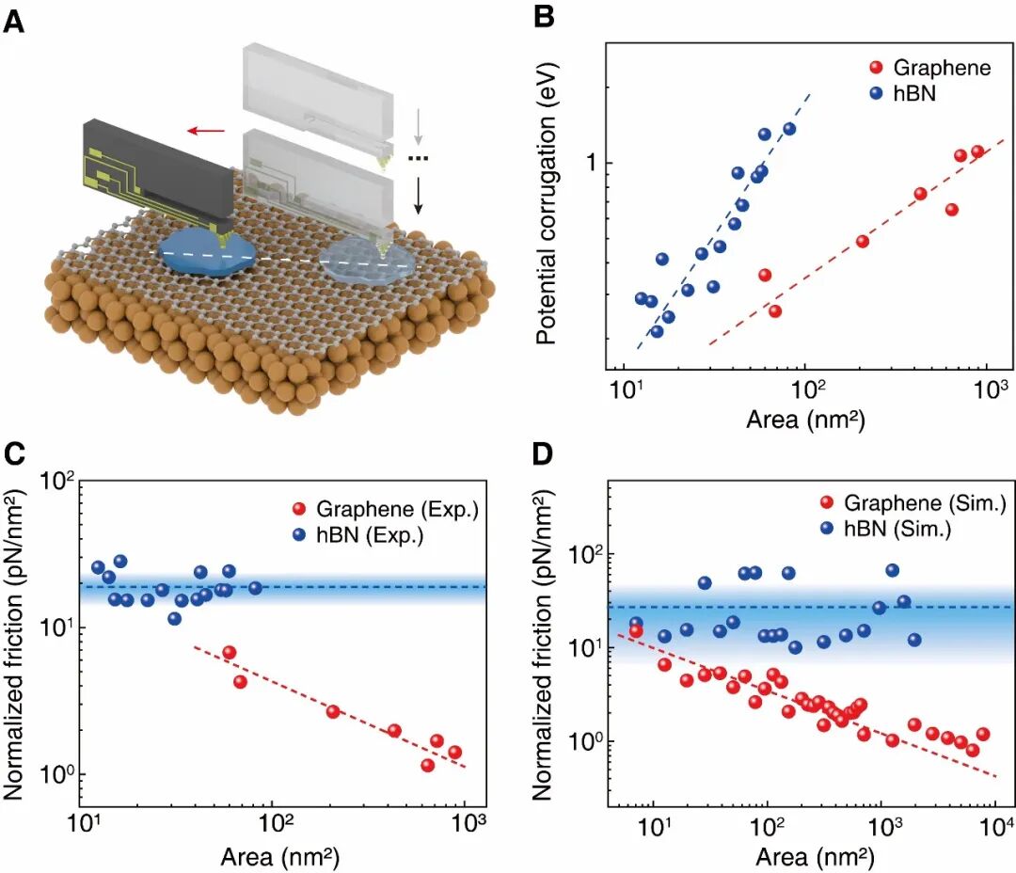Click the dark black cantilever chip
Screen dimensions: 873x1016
155,174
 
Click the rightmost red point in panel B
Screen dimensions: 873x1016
977,151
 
